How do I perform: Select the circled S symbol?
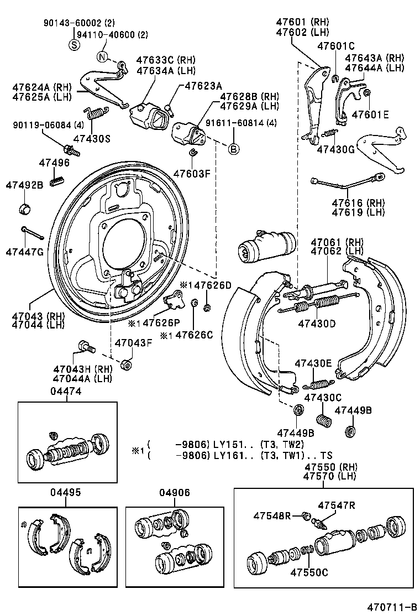point(74,45)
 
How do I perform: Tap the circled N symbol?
point(102,56)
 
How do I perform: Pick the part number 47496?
point(54,163)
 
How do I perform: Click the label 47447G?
point(24,252)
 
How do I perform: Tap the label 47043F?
point(133,343)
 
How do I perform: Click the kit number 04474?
point(66,392)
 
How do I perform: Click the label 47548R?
point(272,515)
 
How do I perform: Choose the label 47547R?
point(336,504)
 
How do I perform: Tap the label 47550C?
point(309,572)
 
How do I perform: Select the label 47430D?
point(317,323)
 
